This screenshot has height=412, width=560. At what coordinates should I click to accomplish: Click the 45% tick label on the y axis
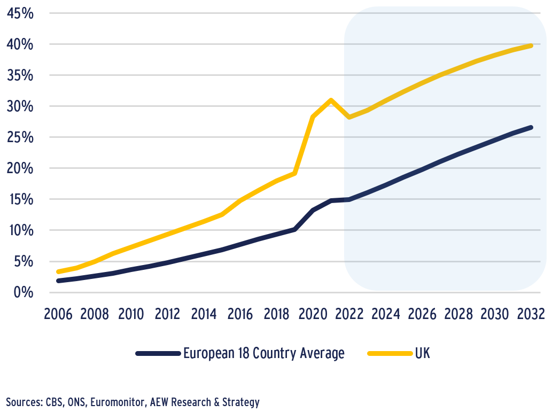[x=20, y=13]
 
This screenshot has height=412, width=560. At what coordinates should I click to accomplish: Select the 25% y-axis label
[x=20, y=137]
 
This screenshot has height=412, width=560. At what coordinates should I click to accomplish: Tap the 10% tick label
[x=20, y=230]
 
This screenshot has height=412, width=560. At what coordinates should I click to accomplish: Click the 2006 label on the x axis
[x=58, y=314]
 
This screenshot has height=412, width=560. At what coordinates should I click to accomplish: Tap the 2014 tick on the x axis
[x=204, y=314]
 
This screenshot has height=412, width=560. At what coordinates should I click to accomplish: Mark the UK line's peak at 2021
[x=331, y=100]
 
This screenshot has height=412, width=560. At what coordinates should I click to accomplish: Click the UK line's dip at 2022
[x=349, y=116]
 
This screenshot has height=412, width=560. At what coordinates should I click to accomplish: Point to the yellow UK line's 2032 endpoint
[x=531, y=45]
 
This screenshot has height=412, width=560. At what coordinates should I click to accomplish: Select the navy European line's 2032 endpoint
[x=531, y=127]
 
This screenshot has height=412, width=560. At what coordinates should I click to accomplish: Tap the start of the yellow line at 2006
[x=58, y=271]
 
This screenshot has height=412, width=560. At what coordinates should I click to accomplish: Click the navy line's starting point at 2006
[x=58, y=281]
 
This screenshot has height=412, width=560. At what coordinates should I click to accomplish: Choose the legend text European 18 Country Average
[x=263, y=353]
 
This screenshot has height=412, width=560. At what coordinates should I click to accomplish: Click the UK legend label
[x=422, y=353]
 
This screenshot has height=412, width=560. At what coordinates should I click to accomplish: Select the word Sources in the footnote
[x=23, y=402]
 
